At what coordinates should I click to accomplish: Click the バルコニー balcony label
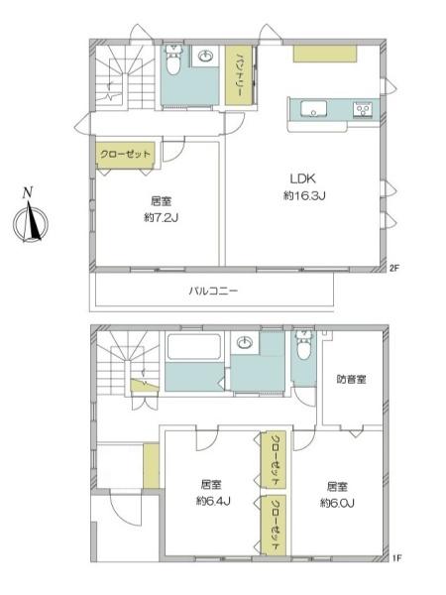(214, 292)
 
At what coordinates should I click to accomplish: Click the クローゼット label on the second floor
(126, 154)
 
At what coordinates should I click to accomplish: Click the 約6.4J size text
(211, 501)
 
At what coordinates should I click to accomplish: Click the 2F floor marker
(393, 268)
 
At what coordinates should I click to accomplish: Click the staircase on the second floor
(116, 77)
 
